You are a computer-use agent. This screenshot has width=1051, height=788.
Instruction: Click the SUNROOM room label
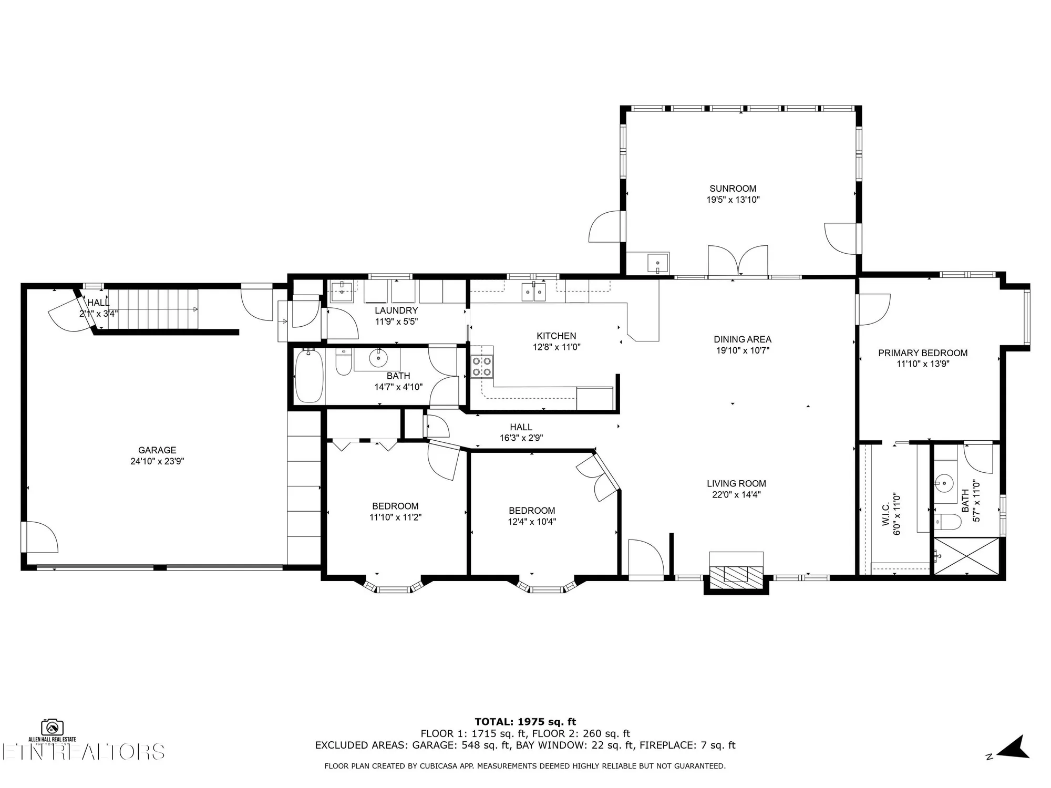click(733, 189)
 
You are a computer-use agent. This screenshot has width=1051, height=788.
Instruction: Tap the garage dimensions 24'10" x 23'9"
click(157, 461)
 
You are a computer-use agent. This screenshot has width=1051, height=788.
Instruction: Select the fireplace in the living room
click(736, 573)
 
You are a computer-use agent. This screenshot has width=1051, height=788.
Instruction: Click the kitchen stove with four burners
click(482, 366)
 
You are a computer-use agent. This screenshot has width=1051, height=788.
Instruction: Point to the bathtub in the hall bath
click(309, 376)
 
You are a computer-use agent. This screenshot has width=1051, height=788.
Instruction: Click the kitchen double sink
click(534, 292)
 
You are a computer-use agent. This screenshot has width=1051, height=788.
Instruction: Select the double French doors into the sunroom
click(738, 261)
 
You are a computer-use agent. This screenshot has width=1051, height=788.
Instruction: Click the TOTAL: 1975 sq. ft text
click(525, 721)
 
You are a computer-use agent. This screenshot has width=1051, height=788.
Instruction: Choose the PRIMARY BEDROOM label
click(922, 353)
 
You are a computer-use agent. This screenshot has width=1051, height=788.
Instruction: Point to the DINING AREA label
click(742, 339)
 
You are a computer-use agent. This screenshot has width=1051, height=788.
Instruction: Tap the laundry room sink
click(342, 290)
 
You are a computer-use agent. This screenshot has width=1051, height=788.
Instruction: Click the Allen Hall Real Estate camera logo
click(53, 728)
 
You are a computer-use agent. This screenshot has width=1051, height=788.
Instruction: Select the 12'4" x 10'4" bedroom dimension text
click(532, 522)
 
